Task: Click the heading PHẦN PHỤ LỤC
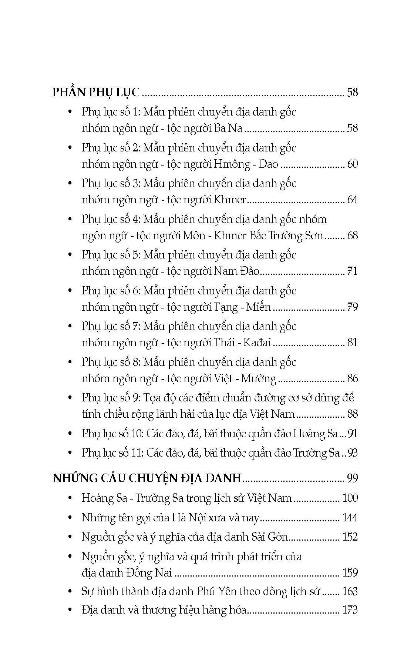pos(96,92)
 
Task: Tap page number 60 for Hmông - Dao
pos(352,164)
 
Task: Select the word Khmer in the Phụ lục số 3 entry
pos(230,200)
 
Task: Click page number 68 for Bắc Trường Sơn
pos(352,236)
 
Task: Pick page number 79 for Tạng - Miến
pos(352,307)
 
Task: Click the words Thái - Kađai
pos(243,343)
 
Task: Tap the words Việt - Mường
pos(245,378)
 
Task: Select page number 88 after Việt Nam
pos(352,414)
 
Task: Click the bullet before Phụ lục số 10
pos(70,434)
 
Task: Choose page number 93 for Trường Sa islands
pos(352,453)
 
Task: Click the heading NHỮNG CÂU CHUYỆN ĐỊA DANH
pos(147,478)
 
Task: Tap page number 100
pos(350,498)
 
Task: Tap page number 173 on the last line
pos(350,610)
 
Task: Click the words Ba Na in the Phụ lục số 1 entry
pos(228,128)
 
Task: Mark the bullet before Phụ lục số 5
pos(70,255)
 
